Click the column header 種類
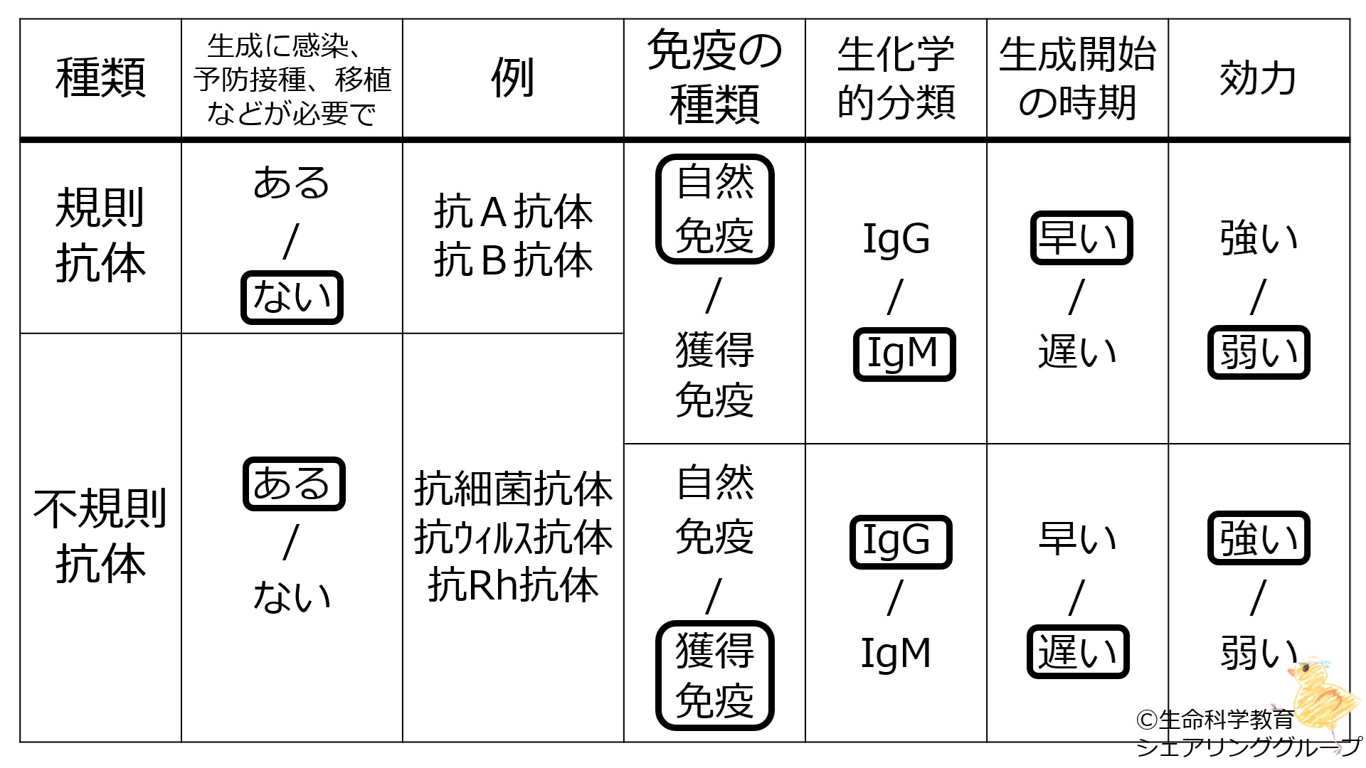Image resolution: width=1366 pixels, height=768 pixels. (x=100, y=78)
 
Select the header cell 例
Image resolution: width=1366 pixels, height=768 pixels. (x=512, y=78)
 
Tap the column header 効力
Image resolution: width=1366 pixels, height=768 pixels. (x=1258, y=78)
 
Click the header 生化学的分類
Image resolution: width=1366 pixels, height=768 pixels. (x=896, y=78)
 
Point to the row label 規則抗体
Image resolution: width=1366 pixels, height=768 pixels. (x=100, y=236)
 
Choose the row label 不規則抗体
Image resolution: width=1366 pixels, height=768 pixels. (x=100, y=537)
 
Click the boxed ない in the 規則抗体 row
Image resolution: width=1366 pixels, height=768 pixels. (x=292, y=297)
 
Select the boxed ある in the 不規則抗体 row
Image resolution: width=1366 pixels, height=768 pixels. (x=293, y=484)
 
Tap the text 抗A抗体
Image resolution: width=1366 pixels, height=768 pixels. (x=513, y=212)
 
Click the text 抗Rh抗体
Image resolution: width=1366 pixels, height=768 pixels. (x=513, y=586)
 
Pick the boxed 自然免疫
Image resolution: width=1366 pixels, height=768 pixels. (x=714, y=209)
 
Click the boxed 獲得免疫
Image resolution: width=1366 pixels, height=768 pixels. (x=714, y=676)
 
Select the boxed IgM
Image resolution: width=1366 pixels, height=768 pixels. (x=904, y=354)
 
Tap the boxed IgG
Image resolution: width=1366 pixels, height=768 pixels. (x=900, y=541)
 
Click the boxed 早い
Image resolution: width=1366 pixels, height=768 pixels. (x=1081, y=238)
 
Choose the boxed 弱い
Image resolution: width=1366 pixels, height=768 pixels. (x=1258, y=353)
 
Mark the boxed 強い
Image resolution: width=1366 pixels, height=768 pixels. (x=1258, y=538)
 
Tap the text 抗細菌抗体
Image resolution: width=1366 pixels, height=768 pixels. (x=513, y=490)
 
